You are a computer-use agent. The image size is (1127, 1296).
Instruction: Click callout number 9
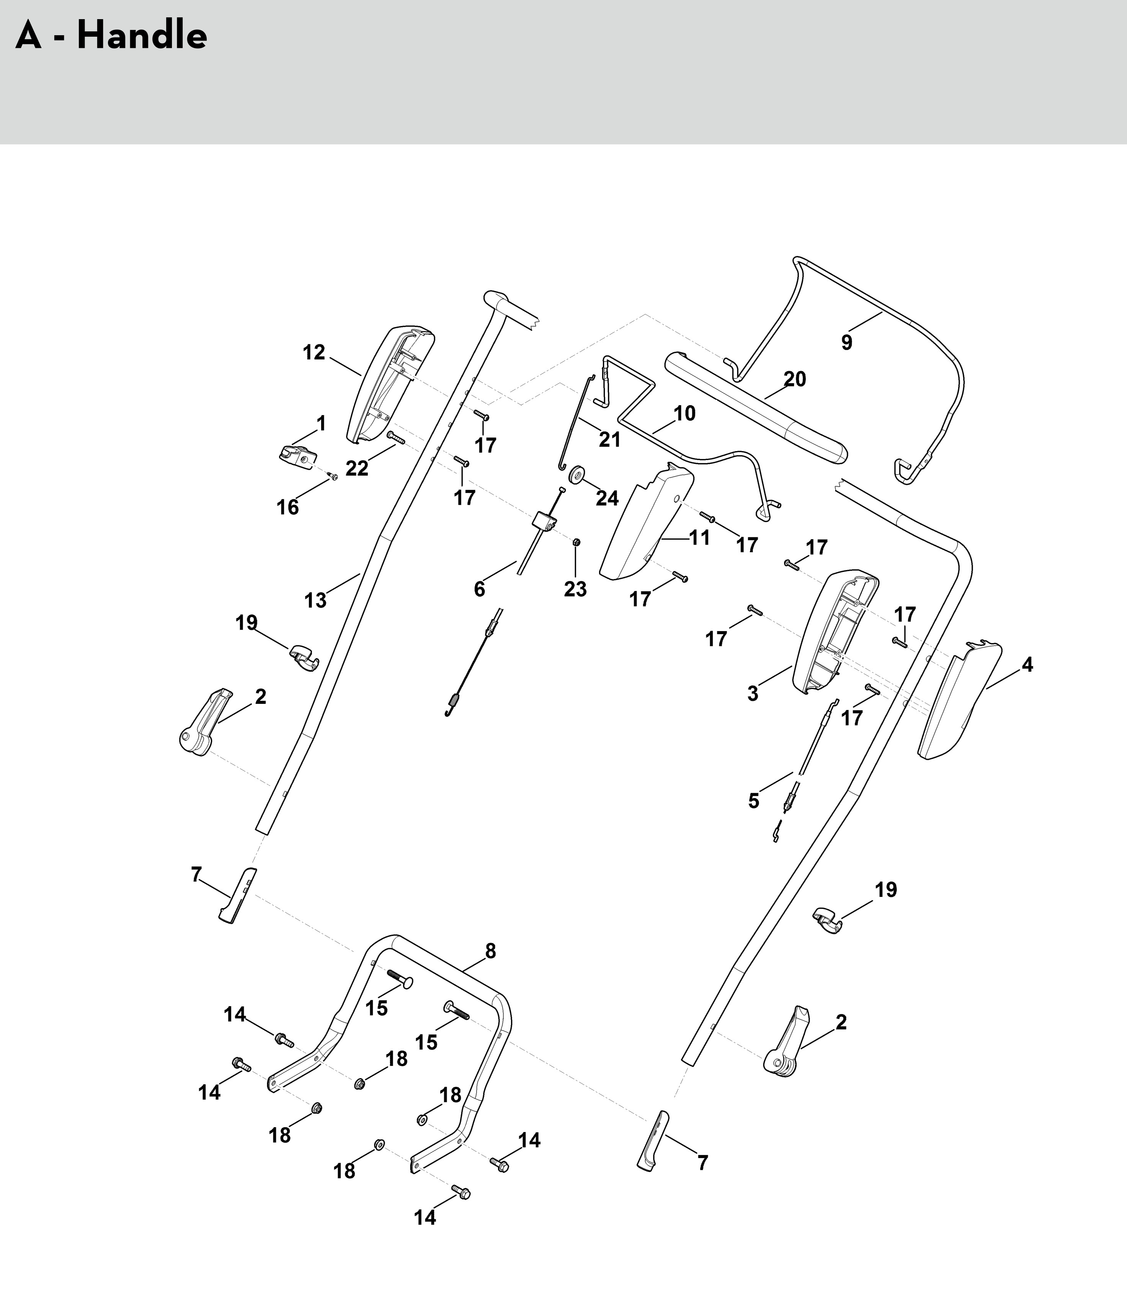[846, 342]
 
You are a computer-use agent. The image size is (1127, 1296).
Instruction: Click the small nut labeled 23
[576, 542]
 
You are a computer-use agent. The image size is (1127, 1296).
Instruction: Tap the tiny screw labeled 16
[333, 477]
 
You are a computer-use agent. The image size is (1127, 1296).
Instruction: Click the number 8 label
[490, 951]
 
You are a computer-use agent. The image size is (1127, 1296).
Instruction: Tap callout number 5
[753, 801]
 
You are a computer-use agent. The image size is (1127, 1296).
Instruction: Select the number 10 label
[684, 413]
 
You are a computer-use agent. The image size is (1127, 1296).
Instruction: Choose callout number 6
[479, 589]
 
